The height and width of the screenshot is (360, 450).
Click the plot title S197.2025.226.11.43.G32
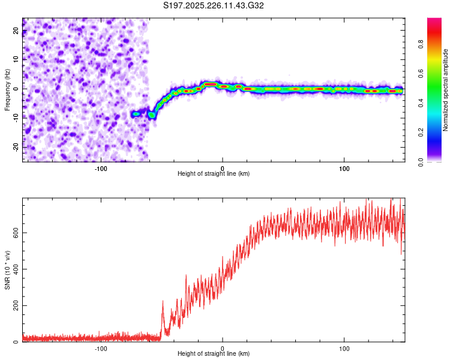click(214, 6)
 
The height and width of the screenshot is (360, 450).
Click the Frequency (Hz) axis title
click(7, 89)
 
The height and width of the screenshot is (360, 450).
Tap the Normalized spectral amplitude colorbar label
click(445, 91)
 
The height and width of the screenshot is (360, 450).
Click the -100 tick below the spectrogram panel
click(101, 168)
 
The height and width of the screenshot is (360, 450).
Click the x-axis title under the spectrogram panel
click(214, 174)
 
